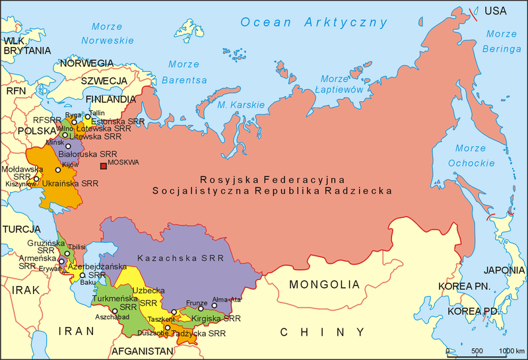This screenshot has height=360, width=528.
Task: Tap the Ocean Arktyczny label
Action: click(313, 22)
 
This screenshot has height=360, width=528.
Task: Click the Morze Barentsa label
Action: click(183, 72)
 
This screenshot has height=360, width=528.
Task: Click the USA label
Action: click(496, 11)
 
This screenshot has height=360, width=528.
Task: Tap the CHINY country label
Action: click(305, 332)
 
